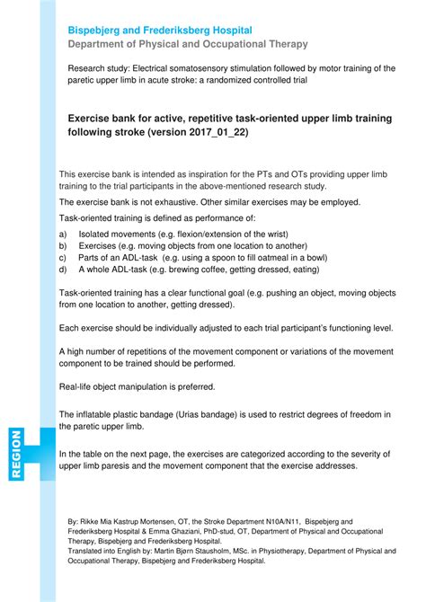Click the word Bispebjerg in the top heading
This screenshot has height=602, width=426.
pos(98,29)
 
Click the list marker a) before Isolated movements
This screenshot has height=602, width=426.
pos(63,233)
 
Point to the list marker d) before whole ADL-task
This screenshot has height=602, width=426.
pos(63,268)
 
